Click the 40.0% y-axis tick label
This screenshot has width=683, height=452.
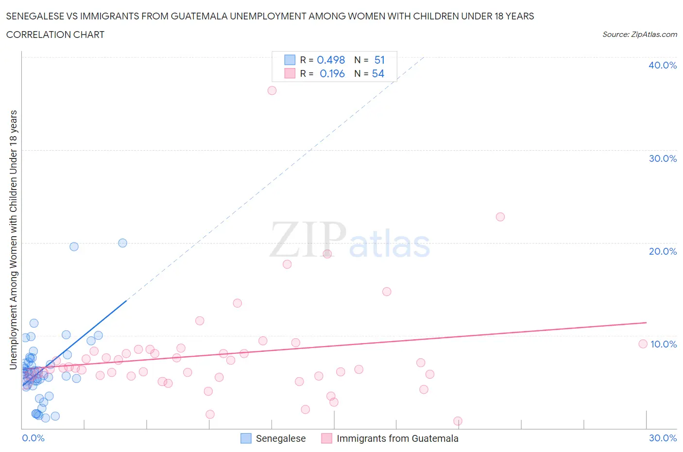(663, 65)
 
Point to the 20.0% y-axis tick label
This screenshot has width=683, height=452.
(663, 251)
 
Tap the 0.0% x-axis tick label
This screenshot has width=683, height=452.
(33, 438)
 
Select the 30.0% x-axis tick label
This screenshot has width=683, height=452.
(663, 438)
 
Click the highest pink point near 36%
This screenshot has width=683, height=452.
(272, 90)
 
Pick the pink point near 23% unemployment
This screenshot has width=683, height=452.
(500, 217)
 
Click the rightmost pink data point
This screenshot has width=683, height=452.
(643, 344)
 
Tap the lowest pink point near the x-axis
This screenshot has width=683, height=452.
(458, 421)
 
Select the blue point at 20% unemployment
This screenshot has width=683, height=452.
(122, 243)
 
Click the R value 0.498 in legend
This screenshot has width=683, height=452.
(331, 60)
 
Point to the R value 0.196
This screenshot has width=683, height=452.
(332, 73)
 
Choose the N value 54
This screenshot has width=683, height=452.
(378, 73)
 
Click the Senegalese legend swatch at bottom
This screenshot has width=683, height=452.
(246, 438)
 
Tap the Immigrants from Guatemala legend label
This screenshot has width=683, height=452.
(397, 438)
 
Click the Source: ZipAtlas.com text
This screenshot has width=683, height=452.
(639, 34)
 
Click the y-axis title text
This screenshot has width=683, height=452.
(13, 240)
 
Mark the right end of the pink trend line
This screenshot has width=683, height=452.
(647, 322)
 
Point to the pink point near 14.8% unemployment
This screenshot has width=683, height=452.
(387, 292)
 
